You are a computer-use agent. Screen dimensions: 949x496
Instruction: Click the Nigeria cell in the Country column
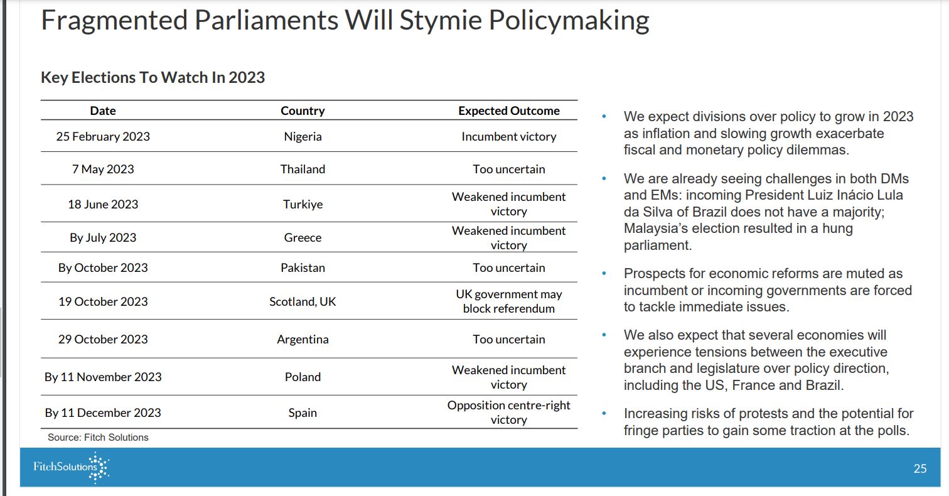[303, 136]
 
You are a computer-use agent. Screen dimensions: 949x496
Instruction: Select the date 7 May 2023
[103, 169]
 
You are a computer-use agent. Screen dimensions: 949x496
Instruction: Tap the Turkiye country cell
[303, 204]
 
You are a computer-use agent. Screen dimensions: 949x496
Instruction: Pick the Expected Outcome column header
[509, 111]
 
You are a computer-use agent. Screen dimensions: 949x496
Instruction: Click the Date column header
[103, 111]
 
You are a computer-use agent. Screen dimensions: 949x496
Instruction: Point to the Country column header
[303, 111]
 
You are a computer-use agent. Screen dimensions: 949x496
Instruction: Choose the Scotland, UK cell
[303, 301]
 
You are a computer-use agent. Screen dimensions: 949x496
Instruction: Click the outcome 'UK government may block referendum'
[509, 301]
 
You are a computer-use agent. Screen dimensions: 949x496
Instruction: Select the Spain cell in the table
[303, 412]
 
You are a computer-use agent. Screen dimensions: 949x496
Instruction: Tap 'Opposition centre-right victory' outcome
[509, 412]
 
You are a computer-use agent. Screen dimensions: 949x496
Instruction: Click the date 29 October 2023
[103, 339]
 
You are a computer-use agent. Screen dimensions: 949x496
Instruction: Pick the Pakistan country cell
[303, 268]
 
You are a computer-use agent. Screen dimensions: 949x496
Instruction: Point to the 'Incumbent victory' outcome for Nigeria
[509, 136]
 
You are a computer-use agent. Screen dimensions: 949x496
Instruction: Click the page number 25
[920, 468]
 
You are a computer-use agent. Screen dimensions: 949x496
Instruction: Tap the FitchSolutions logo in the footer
[71, 467]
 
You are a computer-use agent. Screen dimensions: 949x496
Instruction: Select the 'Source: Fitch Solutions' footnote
[98, 437]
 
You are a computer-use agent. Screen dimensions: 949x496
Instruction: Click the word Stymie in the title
[441, 20]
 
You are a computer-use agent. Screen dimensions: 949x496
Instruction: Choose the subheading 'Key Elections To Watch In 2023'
[153, 78]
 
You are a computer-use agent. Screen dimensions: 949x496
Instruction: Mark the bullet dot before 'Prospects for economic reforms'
[604, 274]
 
